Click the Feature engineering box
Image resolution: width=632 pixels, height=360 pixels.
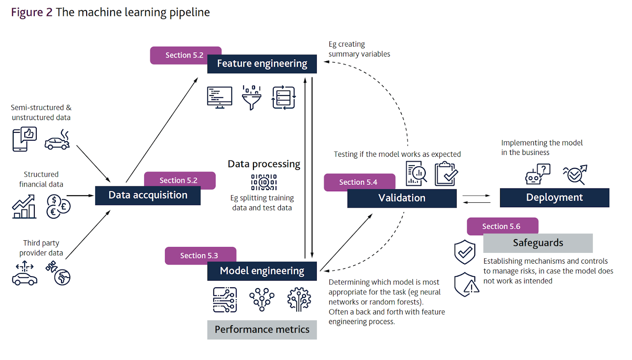[x=262, y=64]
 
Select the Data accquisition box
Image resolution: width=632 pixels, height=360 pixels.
[x=148, y=196]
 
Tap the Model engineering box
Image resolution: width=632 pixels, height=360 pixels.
[x=262, y=271]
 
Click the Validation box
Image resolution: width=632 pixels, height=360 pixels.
[x=402, y=198]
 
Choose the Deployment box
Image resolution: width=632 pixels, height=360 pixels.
[x=554, y=198]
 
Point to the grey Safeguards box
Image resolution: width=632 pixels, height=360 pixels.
[x=538, y=243]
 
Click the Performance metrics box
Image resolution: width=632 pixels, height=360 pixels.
[x=262, y=330]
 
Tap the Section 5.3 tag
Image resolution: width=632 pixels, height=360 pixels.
[x=199, y=255]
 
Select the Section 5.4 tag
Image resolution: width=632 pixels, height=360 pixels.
[x=358, y=182]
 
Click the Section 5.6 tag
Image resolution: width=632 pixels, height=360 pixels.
[x=501, y=226]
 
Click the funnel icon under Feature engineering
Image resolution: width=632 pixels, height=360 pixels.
[x=252, y=98]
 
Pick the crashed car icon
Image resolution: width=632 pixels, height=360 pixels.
[x=58, y=140]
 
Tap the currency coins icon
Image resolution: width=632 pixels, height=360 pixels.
[x=58, y=206]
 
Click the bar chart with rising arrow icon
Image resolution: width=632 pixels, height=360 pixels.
[x=24, y=207]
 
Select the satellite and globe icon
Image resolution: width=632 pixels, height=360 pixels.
[x=58, y=273]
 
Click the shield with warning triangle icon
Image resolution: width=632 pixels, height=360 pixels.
[x=466, y=285]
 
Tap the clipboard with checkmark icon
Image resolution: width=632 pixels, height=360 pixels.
[x=446, y=174]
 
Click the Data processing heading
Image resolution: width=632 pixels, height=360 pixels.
[x=264, y=164]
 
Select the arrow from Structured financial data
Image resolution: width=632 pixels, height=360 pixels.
[x=80, y=196]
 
